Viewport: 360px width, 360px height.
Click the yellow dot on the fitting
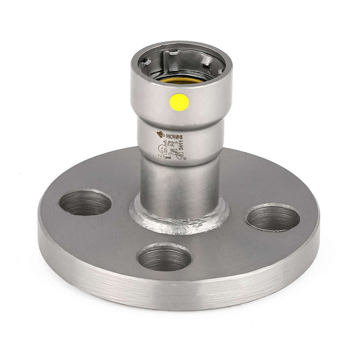180,102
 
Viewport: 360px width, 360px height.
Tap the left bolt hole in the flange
85,202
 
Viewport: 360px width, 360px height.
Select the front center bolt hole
164,257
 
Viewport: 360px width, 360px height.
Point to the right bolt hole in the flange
273,217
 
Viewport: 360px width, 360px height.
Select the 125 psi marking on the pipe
165,159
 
